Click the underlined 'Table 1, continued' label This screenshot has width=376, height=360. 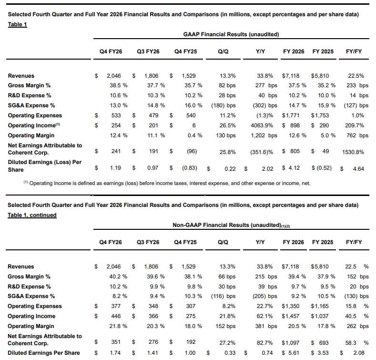[32, 215]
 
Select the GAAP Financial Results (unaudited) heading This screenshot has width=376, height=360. [231, 34]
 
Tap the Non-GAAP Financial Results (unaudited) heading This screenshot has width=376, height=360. [231, 225]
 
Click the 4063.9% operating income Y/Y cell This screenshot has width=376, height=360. [262, 125]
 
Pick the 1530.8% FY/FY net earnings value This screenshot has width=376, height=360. [353, 152]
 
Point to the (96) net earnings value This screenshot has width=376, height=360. [192, 151]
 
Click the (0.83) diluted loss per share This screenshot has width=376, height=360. [190, 168]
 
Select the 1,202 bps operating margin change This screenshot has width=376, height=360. [264, 135]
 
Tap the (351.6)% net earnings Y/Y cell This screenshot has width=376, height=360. [262, 152]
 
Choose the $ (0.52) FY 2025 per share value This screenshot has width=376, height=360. [322, 168]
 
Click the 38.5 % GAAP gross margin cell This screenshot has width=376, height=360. [119, 85]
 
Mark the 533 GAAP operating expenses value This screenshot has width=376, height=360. [116, 115]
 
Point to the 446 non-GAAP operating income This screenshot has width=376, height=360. [116, 316]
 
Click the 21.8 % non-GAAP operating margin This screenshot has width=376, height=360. [118, 326]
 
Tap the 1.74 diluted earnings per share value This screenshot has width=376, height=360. [115, 353]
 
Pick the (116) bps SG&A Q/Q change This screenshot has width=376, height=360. [223, 296]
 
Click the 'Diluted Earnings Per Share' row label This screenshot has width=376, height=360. [44, 353]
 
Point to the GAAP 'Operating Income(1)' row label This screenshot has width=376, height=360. [34, 125]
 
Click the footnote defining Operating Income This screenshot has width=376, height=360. [167, 183]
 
